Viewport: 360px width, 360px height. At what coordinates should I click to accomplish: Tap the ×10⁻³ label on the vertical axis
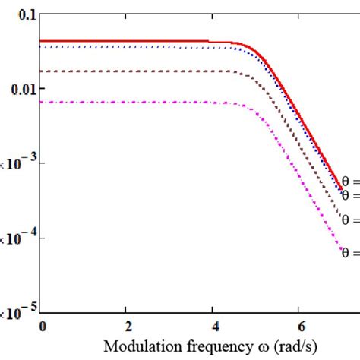click(16, 163)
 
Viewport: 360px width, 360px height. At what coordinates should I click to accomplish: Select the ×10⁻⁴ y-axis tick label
click(16, 238)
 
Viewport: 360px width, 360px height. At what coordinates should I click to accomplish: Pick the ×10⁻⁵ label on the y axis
click(16, 311)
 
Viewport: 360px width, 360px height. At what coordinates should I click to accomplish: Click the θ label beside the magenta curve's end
click(350, 253)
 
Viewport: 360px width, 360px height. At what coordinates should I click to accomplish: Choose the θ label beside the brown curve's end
click(350, 219)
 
